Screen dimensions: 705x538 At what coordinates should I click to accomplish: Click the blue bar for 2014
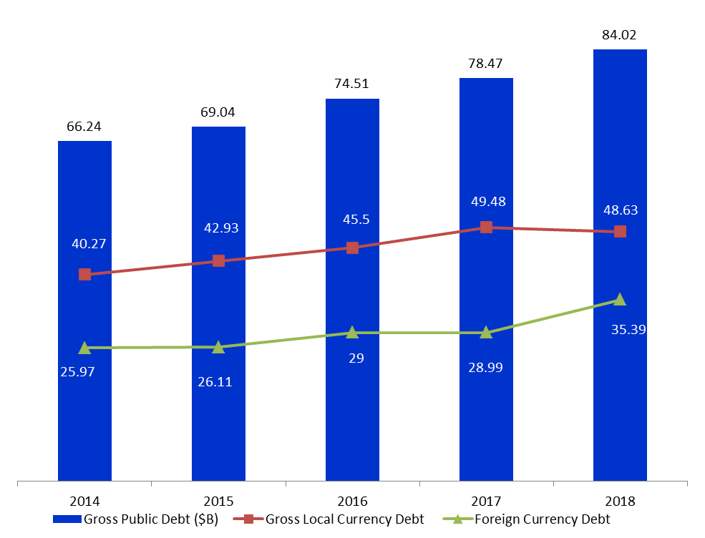[x=84, y=311]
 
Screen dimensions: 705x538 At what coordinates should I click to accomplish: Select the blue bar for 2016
[x=352, y=290]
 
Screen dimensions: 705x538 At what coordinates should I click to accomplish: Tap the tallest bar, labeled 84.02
[x=620, y=265]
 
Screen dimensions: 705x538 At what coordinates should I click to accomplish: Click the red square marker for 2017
[x=486, y=227]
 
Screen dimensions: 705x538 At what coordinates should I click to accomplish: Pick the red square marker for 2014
[x=84, y=274]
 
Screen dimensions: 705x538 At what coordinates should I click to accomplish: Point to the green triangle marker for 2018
[x=620, y=299]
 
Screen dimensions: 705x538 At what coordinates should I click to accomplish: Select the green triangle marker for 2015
[x=218, y=347]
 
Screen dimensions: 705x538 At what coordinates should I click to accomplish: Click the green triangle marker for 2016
[x=352, y=332]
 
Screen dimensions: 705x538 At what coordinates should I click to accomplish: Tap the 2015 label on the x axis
[x=218, y=501]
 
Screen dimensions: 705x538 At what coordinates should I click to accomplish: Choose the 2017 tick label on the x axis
[x=486, y=501]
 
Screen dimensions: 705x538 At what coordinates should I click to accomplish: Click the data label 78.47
[x=485, y=64]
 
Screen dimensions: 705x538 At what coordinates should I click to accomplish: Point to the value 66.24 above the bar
[x=84, y=127]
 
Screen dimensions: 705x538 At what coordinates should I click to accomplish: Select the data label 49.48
[x=488, y=201]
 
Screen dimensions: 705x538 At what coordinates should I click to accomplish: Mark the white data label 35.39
[x=628, y=329]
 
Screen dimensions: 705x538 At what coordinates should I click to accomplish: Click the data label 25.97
[x=78, y=372]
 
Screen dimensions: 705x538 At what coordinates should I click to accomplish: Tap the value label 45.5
[x=356, y=220]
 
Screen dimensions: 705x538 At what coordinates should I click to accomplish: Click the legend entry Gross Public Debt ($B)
[x=136, y=519]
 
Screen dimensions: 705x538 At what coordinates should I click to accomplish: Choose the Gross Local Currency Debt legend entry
[x=329, y=519]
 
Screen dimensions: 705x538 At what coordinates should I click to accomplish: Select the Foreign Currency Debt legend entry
[x=527, y=519]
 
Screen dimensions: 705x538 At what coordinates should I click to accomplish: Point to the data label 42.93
[x=221, y=228]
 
